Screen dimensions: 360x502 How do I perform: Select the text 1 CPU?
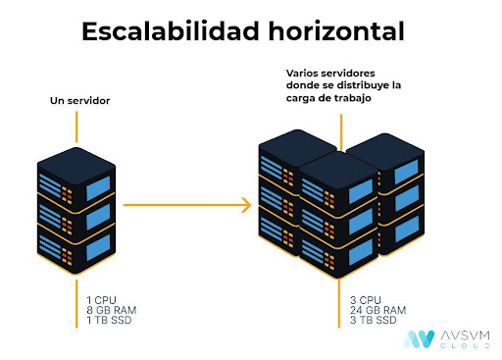[x=100, y=298]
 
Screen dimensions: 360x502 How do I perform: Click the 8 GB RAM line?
[x=111, y=309]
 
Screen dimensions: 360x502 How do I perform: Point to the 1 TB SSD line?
[x=109, y=320]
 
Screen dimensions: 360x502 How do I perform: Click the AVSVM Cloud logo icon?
[x=420, y=339]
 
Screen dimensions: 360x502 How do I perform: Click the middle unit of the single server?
[x=76, y=208]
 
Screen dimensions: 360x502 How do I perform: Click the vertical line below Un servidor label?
[x=76, y=126]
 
